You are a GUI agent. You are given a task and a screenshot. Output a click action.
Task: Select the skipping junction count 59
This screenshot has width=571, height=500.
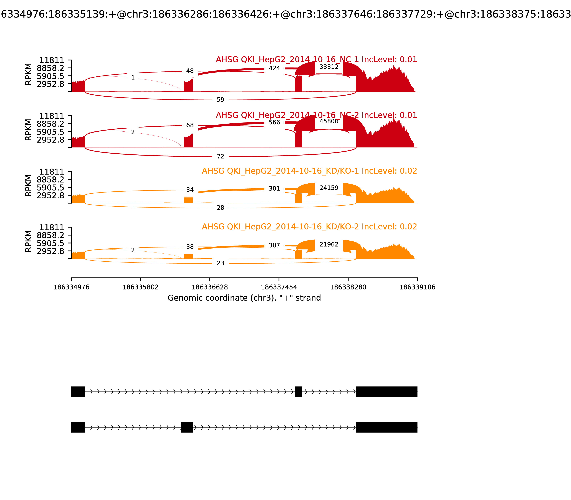(220, 100)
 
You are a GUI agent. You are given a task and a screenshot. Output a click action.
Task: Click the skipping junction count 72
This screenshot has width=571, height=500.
(220, 157)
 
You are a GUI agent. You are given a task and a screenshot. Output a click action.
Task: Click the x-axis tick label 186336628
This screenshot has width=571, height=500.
(210, 287)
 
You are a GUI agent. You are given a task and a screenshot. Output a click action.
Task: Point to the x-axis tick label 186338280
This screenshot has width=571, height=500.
(348, 287)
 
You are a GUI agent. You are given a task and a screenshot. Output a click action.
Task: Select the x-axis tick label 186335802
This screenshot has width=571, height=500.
(141, 287)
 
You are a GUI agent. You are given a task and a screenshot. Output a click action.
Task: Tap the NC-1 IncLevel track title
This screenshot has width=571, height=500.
(316, 60)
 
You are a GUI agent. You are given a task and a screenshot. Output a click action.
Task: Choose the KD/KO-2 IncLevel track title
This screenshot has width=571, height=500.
(309, 227)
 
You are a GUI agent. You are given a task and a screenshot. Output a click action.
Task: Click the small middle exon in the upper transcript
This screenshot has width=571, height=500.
(298, 392)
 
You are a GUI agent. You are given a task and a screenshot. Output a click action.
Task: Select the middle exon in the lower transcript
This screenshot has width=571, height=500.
(187, 427)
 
